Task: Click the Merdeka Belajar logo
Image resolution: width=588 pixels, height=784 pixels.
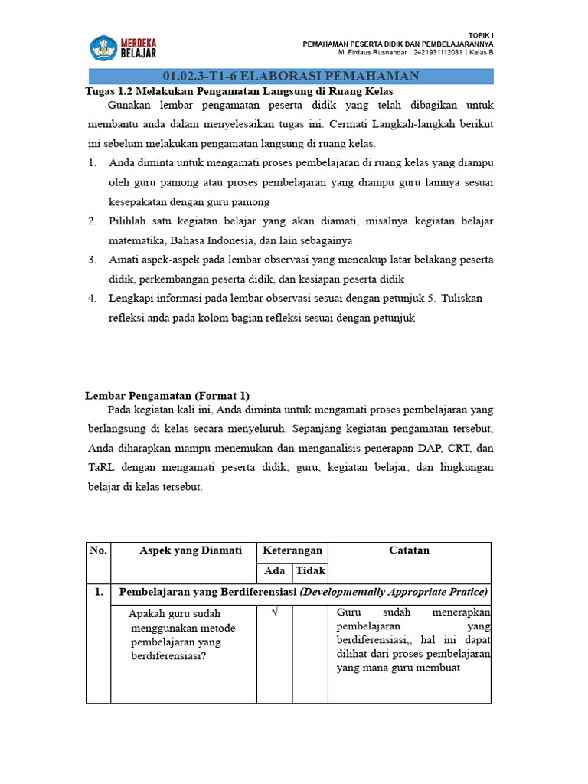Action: click(x=123, y=47)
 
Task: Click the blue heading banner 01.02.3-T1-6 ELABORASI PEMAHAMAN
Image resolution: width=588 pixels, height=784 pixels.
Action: click(x=291, y=75)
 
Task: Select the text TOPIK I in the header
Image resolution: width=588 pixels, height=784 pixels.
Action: click(x=480, y=36)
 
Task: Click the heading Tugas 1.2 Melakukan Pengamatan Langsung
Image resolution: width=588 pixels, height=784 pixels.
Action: click(x=238, y=90)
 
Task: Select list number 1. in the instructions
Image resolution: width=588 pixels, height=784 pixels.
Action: click(x=92, y=163)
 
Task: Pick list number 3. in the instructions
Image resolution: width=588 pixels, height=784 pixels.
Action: click(x=92, y=260)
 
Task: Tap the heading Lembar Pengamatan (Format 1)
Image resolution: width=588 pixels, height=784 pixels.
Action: click(x=167, y=396)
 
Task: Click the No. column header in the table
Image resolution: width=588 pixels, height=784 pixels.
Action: click(x=98, y=550)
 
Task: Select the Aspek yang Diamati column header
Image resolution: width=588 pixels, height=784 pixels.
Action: click(x=191, y=550)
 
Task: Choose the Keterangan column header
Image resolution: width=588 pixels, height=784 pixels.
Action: click(x=292, y=550)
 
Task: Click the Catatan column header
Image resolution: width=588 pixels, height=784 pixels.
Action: click(x=409, y=550)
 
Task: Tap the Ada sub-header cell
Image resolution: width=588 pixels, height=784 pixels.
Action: click(x=274, y=571)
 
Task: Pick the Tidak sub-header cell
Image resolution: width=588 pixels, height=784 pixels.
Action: click(x=310, y=571)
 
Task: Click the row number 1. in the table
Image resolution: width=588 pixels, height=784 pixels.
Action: click(x=98, y=593)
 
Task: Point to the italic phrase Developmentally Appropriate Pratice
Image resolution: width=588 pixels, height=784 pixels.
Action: click(x=394, y=593)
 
